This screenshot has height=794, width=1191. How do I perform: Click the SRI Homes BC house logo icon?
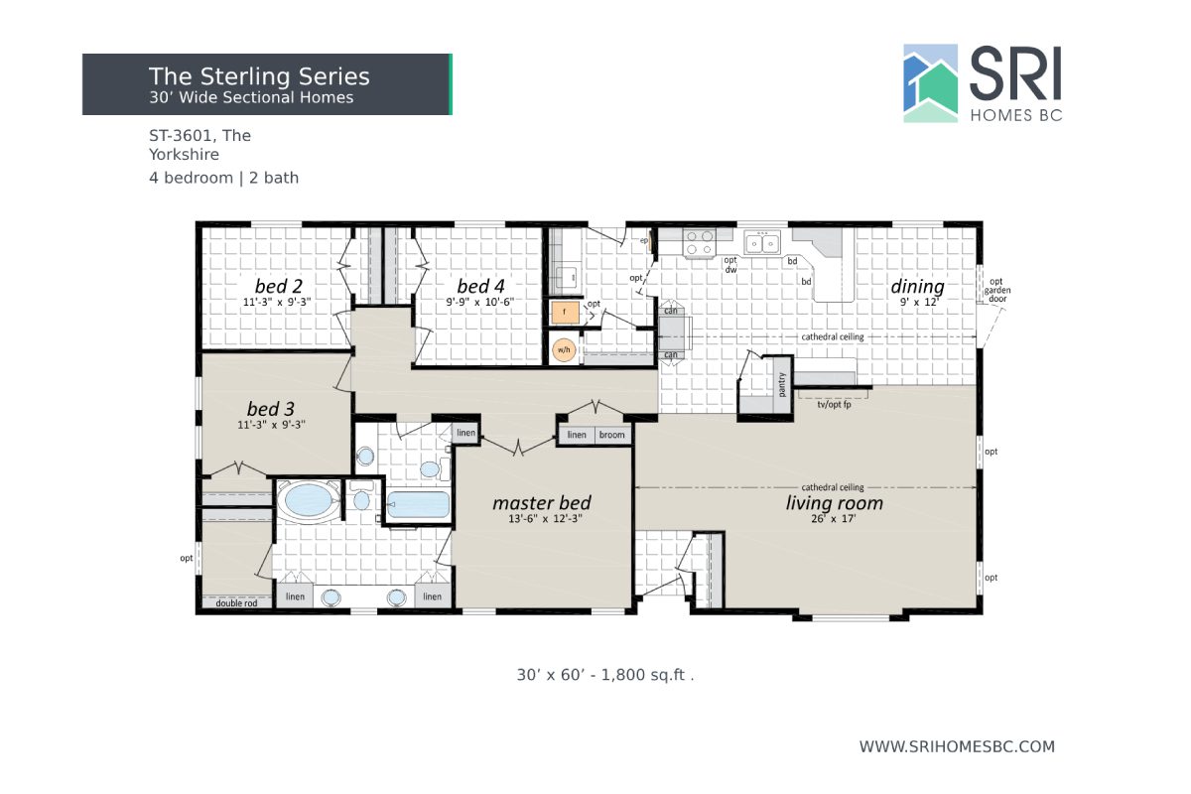pos(930,83)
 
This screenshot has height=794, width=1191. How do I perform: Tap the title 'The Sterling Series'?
pos(259,76)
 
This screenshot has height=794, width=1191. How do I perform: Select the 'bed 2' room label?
pos(278,287)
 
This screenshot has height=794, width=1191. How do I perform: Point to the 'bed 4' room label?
pos(479,287)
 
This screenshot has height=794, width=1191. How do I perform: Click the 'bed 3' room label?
pos(270,409)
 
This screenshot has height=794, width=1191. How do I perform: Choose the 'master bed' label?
pos(541,503)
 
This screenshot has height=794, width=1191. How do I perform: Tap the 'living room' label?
pos(834,503)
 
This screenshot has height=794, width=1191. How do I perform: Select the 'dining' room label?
pos(917,287)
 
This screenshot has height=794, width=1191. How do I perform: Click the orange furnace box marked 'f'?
pos(564,313)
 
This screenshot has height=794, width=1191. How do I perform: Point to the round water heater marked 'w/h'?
pos(564,350)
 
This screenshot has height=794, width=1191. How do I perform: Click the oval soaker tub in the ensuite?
pos(308,500)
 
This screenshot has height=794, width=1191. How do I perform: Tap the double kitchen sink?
pos(762,242)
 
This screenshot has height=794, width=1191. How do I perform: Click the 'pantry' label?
pos(782,383)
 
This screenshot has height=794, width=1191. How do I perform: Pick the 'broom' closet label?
pos(611,436)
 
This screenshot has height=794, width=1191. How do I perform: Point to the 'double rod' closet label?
pos(236,602)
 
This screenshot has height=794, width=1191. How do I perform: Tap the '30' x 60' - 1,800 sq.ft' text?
pos(604,675)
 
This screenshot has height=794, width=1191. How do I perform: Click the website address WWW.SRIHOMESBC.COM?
pos(957,746)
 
